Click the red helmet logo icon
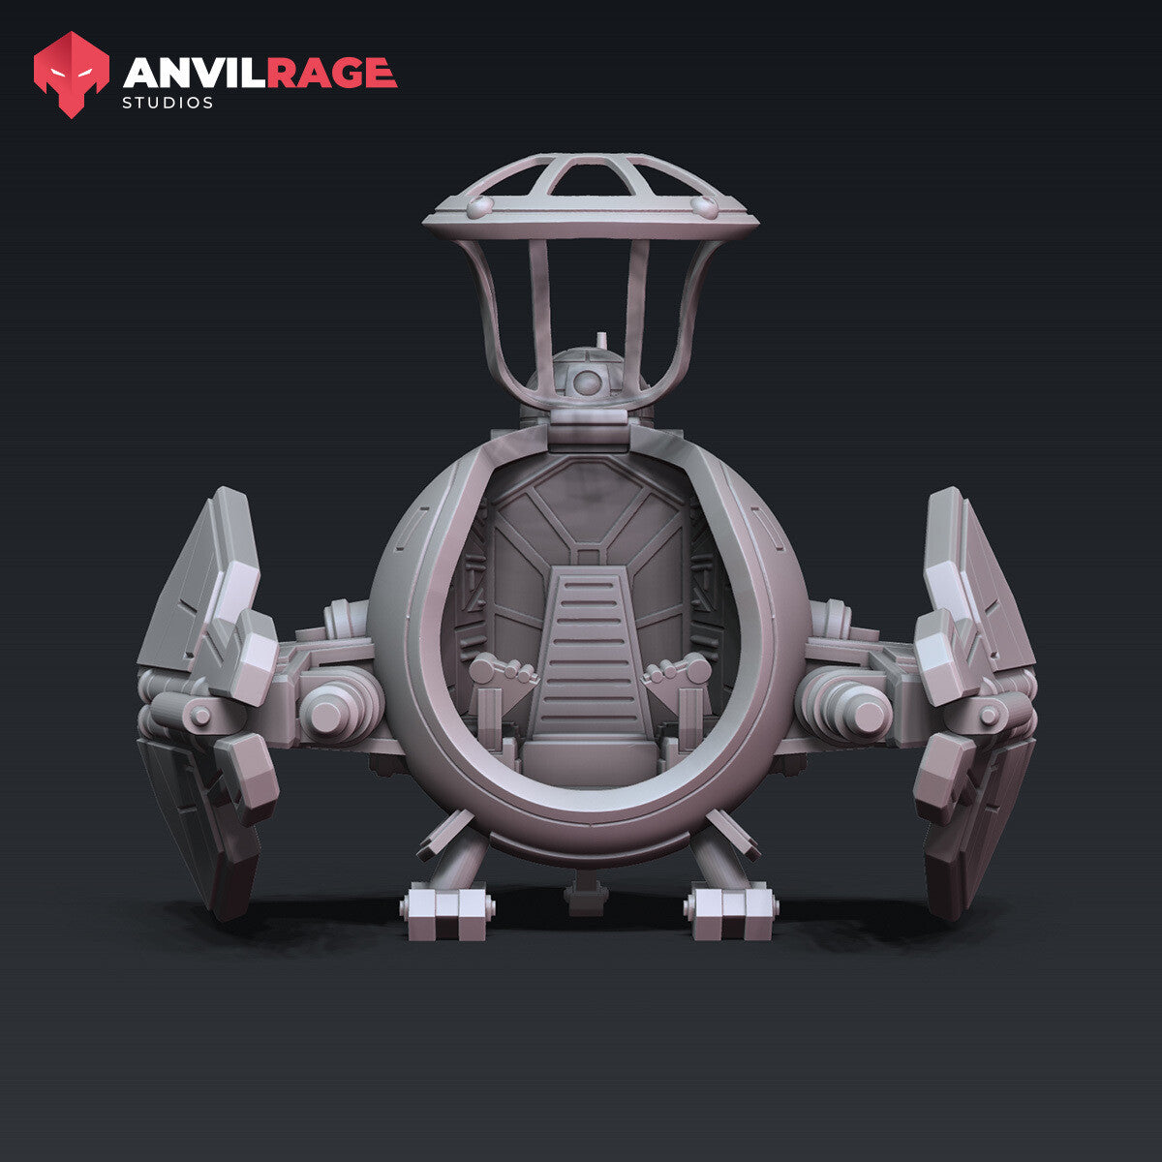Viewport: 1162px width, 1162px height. pyautogui.click(x=71, y=75)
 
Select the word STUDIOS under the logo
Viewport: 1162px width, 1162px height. pyautogui.click(x=168, y=103)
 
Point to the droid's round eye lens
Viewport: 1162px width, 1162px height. pyautogui.click(x=587, y=382)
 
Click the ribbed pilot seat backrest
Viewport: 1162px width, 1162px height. pyautogui.click(x=588, y=657)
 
